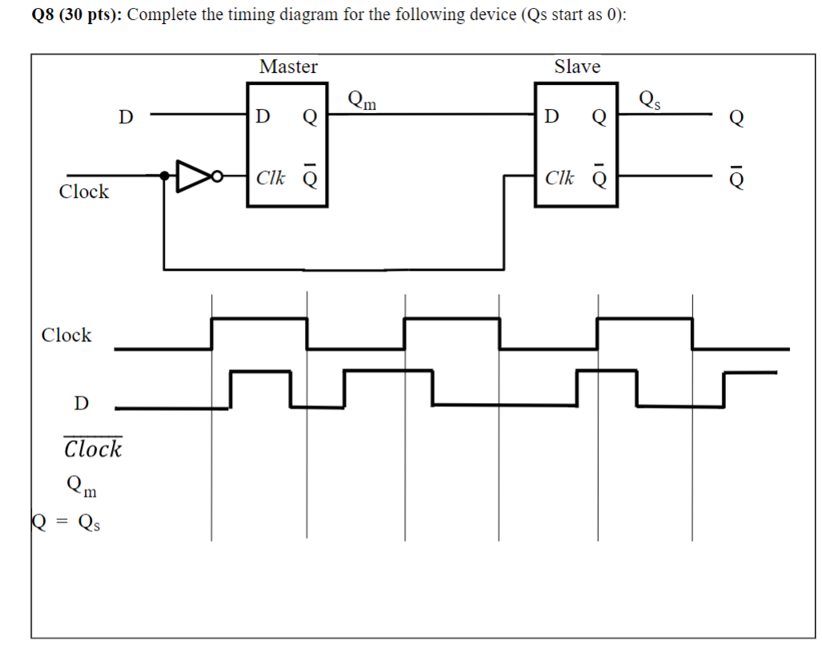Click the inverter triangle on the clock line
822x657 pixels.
(x=190, y=177)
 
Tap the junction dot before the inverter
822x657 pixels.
(x=164, y=176)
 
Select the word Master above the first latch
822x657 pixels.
(x=288, y=67)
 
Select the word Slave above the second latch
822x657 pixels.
(x=576, y=67)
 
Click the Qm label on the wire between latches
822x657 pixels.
(x=362, y=100)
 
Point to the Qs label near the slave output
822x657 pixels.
(x=650, y=100)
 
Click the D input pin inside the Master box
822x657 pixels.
(x=262, y=118)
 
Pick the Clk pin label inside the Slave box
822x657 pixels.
(x=559, y=177)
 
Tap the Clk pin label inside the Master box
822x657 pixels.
(x=271, y=177)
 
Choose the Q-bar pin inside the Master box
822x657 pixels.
(x=310, y=177)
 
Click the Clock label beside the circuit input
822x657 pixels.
(x=84, y=191)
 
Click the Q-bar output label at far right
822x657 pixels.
(x=736, y=178)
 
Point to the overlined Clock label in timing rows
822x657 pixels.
(x=93, y=448)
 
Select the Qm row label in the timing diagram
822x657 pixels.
(x=82, y=485)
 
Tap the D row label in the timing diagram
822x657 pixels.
(x=81, y=403)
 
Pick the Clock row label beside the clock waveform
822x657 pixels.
(x=66, y=335)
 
